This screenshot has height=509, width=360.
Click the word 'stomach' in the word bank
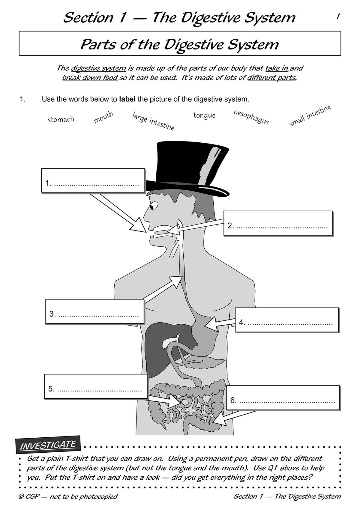pos(61,119)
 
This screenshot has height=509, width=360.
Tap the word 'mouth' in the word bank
pos(103,117)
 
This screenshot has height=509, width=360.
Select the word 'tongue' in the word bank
pos(204,115)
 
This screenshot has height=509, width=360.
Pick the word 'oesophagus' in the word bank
pos(251,117)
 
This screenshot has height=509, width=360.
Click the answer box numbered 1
pos(93,180)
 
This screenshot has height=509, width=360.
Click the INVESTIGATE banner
pos(48,445)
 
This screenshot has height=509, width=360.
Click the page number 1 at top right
pos(338,16)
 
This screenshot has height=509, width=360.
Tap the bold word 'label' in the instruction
pos(127,99)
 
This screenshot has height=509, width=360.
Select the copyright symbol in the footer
pos(21,496)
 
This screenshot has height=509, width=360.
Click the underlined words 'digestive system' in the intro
pos(98,68)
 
